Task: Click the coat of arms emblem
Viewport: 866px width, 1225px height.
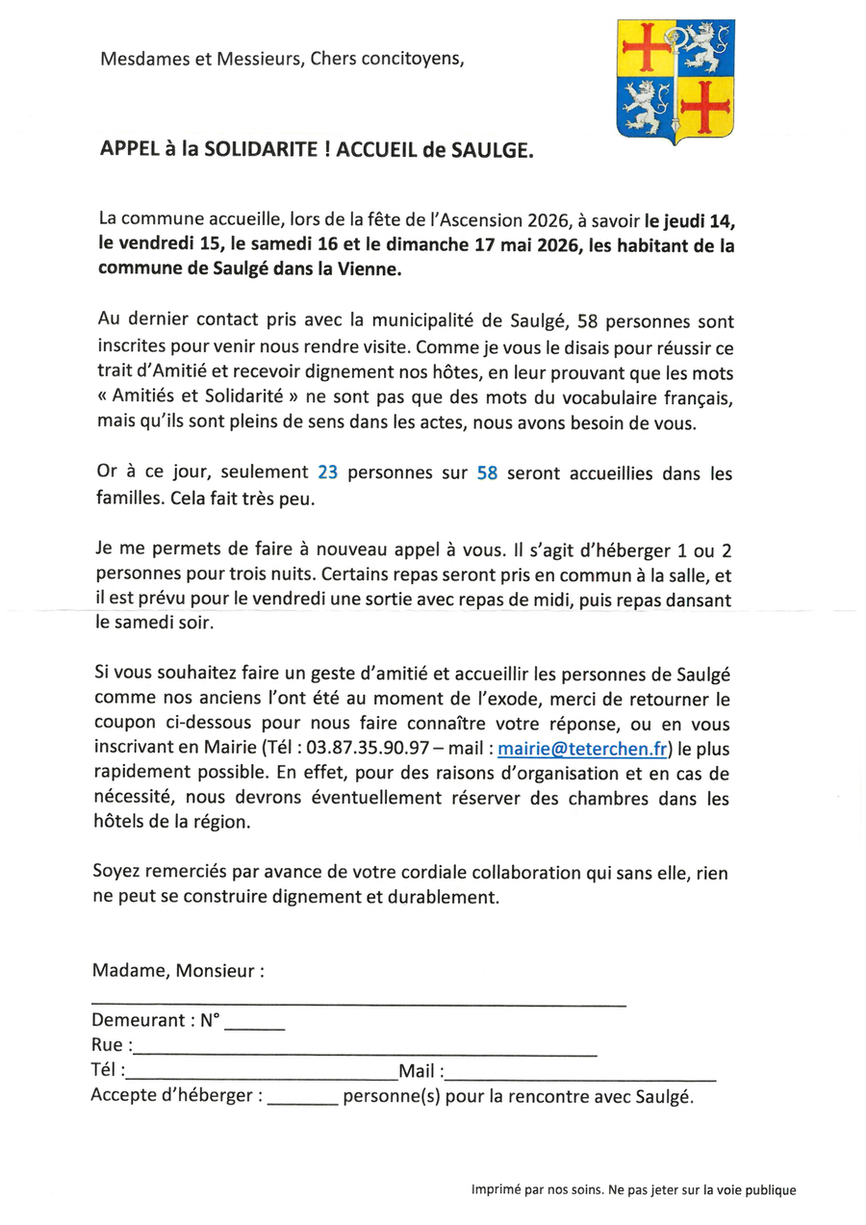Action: (676, 81)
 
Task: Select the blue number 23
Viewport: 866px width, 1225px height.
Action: (326, 473)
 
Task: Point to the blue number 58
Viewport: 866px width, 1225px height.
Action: (487, 473)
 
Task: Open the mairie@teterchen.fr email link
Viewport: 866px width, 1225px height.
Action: (584, 747)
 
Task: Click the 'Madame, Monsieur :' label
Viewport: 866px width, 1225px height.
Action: (178, 970)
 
